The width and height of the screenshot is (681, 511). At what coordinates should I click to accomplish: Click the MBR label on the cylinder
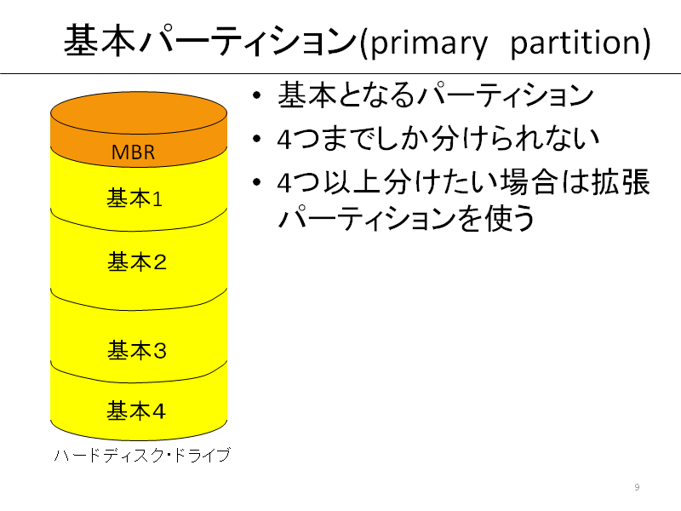(133, 152)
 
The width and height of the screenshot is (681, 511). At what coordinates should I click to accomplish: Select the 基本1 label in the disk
(134, 198)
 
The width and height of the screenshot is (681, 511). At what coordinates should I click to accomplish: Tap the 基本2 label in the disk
(137, 262)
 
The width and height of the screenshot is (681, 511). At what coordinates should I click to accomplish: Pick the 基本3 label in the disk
(137, 350)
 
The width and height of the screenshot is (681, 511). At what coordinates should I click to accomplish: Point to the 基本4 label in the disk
(136, 411)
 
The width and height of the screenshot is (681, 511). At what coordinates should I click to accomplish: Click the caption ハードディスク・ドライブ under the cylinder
(142, 455)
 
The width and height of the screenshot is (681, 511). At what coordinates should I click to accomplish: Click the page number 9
(637, 487)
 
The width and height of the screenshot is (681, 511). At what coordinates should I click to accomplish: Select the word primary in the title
(429, 43)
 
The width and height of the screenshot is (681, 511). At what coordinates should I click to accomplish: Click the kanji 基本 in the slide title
(100, 40)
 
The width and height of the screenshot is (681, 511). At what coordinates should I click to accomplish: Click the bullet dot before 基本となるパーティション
(257, 95)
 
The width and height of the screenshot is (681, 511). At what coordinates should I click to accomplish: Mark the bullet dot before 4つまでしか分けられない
(257, 139)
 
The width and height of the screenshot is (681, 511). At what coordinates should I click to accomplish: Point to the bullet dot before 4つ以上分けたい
(257, 182)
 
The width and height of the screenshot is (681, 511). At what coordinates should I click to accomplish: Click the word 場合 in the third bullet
(529, 182)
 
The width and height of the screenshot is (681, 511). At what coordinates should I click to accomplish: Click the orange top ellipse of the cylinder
(139, 113)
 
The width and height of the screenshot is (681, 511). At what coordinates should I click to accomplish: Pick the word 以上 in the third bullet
(352, 182)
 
